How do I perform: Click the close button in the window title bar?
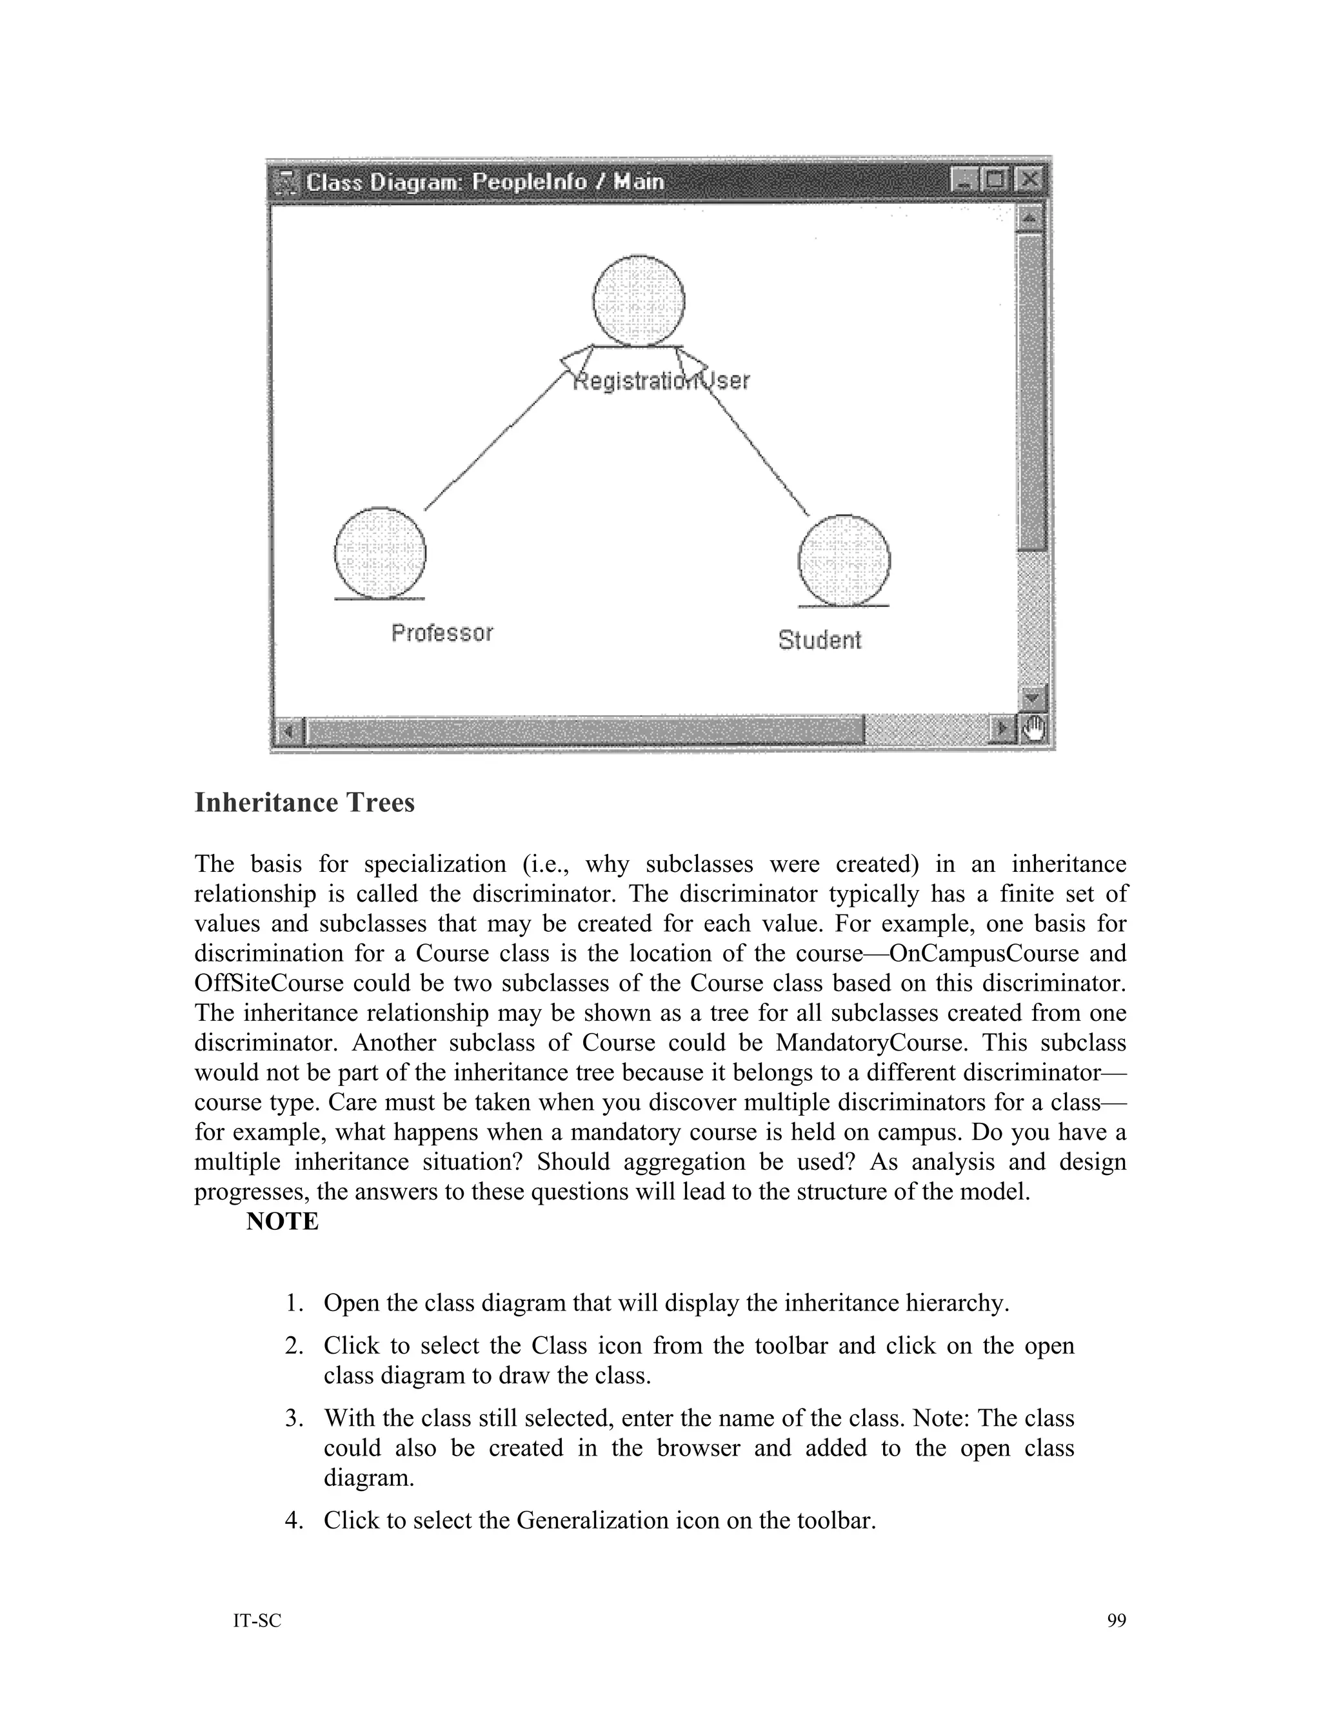coord(1030,181)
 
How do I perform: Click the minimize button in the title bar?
coord(964,181)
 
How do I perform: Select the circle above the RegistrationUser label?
coord(639,301)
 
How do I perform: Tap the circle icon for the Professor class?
coord(381,553)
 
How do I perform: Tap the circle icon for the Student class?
coord(844,560)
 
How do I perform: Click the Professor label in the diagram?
coord(442,632)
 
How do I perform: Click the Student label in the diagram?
coord(819,640)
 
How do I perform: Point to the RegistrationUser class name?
coord(661,381)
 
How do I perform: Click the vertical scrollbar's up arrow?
coord(1031,217)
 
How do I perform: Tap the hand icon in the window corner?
coord(1034,730)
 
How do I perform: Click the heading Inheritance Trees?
coord(304,802)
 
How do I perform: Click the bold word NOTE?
coord(282,1221)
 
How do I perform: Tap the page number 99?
coord(1116,1621)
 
